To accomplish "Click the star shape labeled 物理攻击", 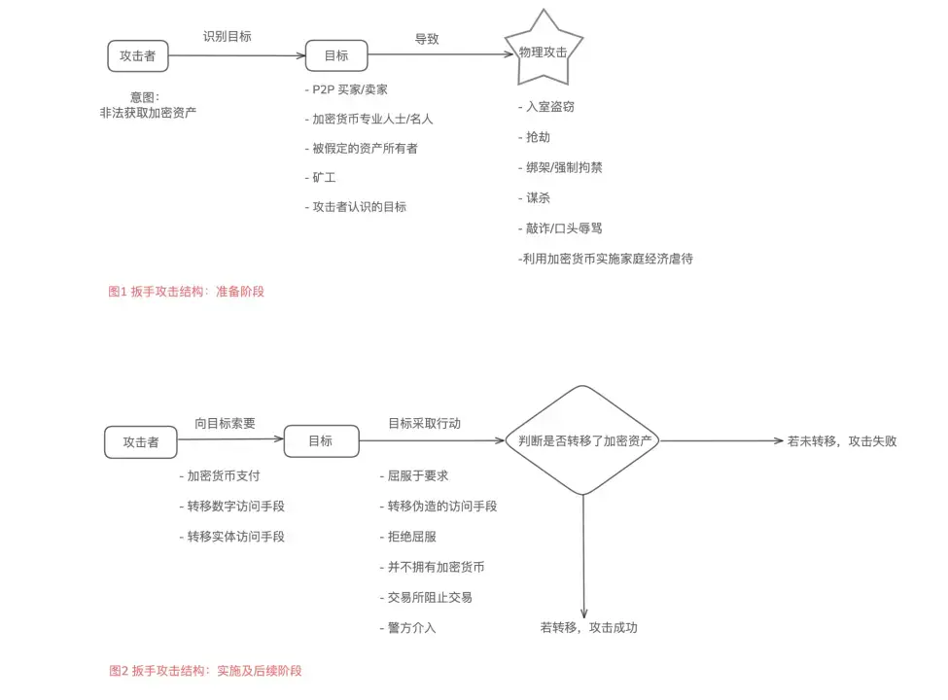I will [x=544, y=49].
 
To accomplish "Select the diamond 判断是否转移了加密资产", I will [x=582, y=440].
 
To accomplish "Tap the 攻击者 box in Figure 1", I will [x=137, y=55].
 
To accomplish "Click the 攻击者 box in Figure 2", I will [x=141, y=441].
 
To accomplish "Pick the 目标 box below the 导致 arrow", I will [x=336, y=55].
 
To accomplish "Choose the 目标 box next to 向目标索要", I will [x=320, y=440].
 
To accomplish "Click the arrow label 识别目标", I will [x=228, y=36].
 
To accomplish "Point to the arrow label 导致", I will [x=427, y=39].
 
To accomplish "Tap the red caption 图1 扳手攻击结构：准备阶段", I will [x=186, y=291].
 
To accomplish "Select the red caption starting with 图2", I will [x=205, y=671].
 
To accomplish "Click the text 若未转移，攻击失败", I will [x=841, y=440].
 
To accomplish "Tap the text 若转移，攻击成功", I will [x=588, y=627].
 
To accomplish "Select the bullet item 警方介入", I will [x=407, y=627].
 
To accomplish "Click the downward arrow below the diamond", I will [x=583, y=554].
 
